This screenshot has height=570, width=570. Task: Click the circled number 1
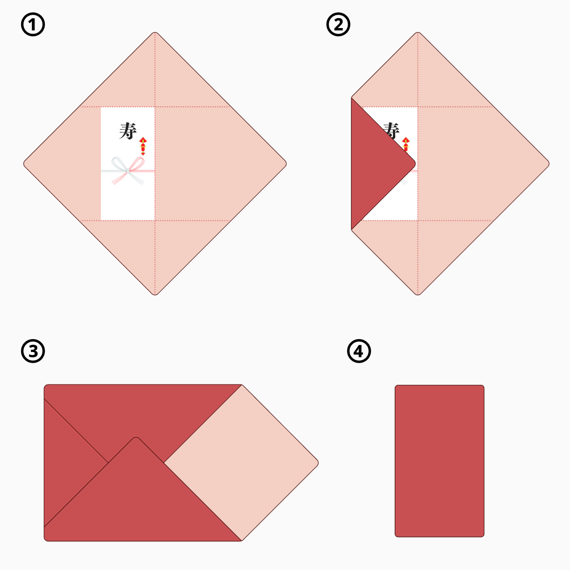[x=32, y=25]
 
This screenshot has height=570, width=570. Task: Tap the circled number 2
[x=338, y=25]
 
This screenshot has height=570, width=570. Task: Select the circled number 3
[x=32, y=351]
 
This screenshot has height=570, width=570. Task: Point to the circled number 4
[x=359, y=351]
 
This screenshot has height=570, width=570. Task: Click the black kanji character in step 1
[x=128, y=131]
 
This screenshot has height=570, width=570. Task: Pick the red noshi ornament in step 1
[x=143, y=146]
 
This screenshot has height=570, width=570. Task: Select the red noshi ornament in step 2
[x=406, y=144]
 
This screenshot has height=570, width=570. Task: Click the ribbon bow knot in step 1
[x=128, y=170]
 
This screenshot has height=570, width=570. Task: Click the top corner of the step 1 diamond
[x=155, y=32]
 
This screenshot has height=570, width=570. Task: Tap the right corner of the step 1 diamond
[x=286, y=163]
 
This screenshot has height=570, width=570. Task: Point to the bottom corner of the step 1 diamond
[x=155, y=295]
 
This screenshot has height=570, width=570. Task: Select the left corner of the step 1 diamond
[x=24, y=163]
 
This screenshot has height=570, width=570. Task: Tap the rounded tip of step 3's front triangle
[x=136, y=437]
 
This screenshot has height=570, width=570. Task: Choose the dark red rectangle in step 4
[x=440, y=461]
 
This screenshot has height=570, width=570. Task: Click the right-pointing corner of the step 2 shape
[x=549, y=163]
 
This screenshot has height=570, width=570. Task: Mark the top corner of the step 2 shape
[x=418, y=32]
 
